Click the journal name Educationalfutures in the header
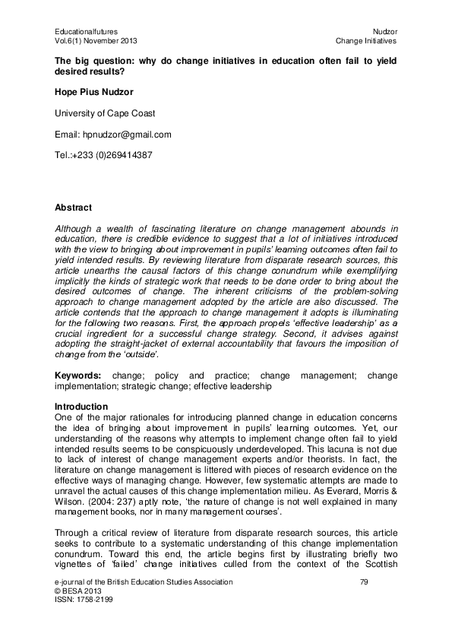(x=86, y=30)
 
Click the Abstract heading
(x=73, y=208)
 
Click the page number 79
(x=362, y=581)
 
